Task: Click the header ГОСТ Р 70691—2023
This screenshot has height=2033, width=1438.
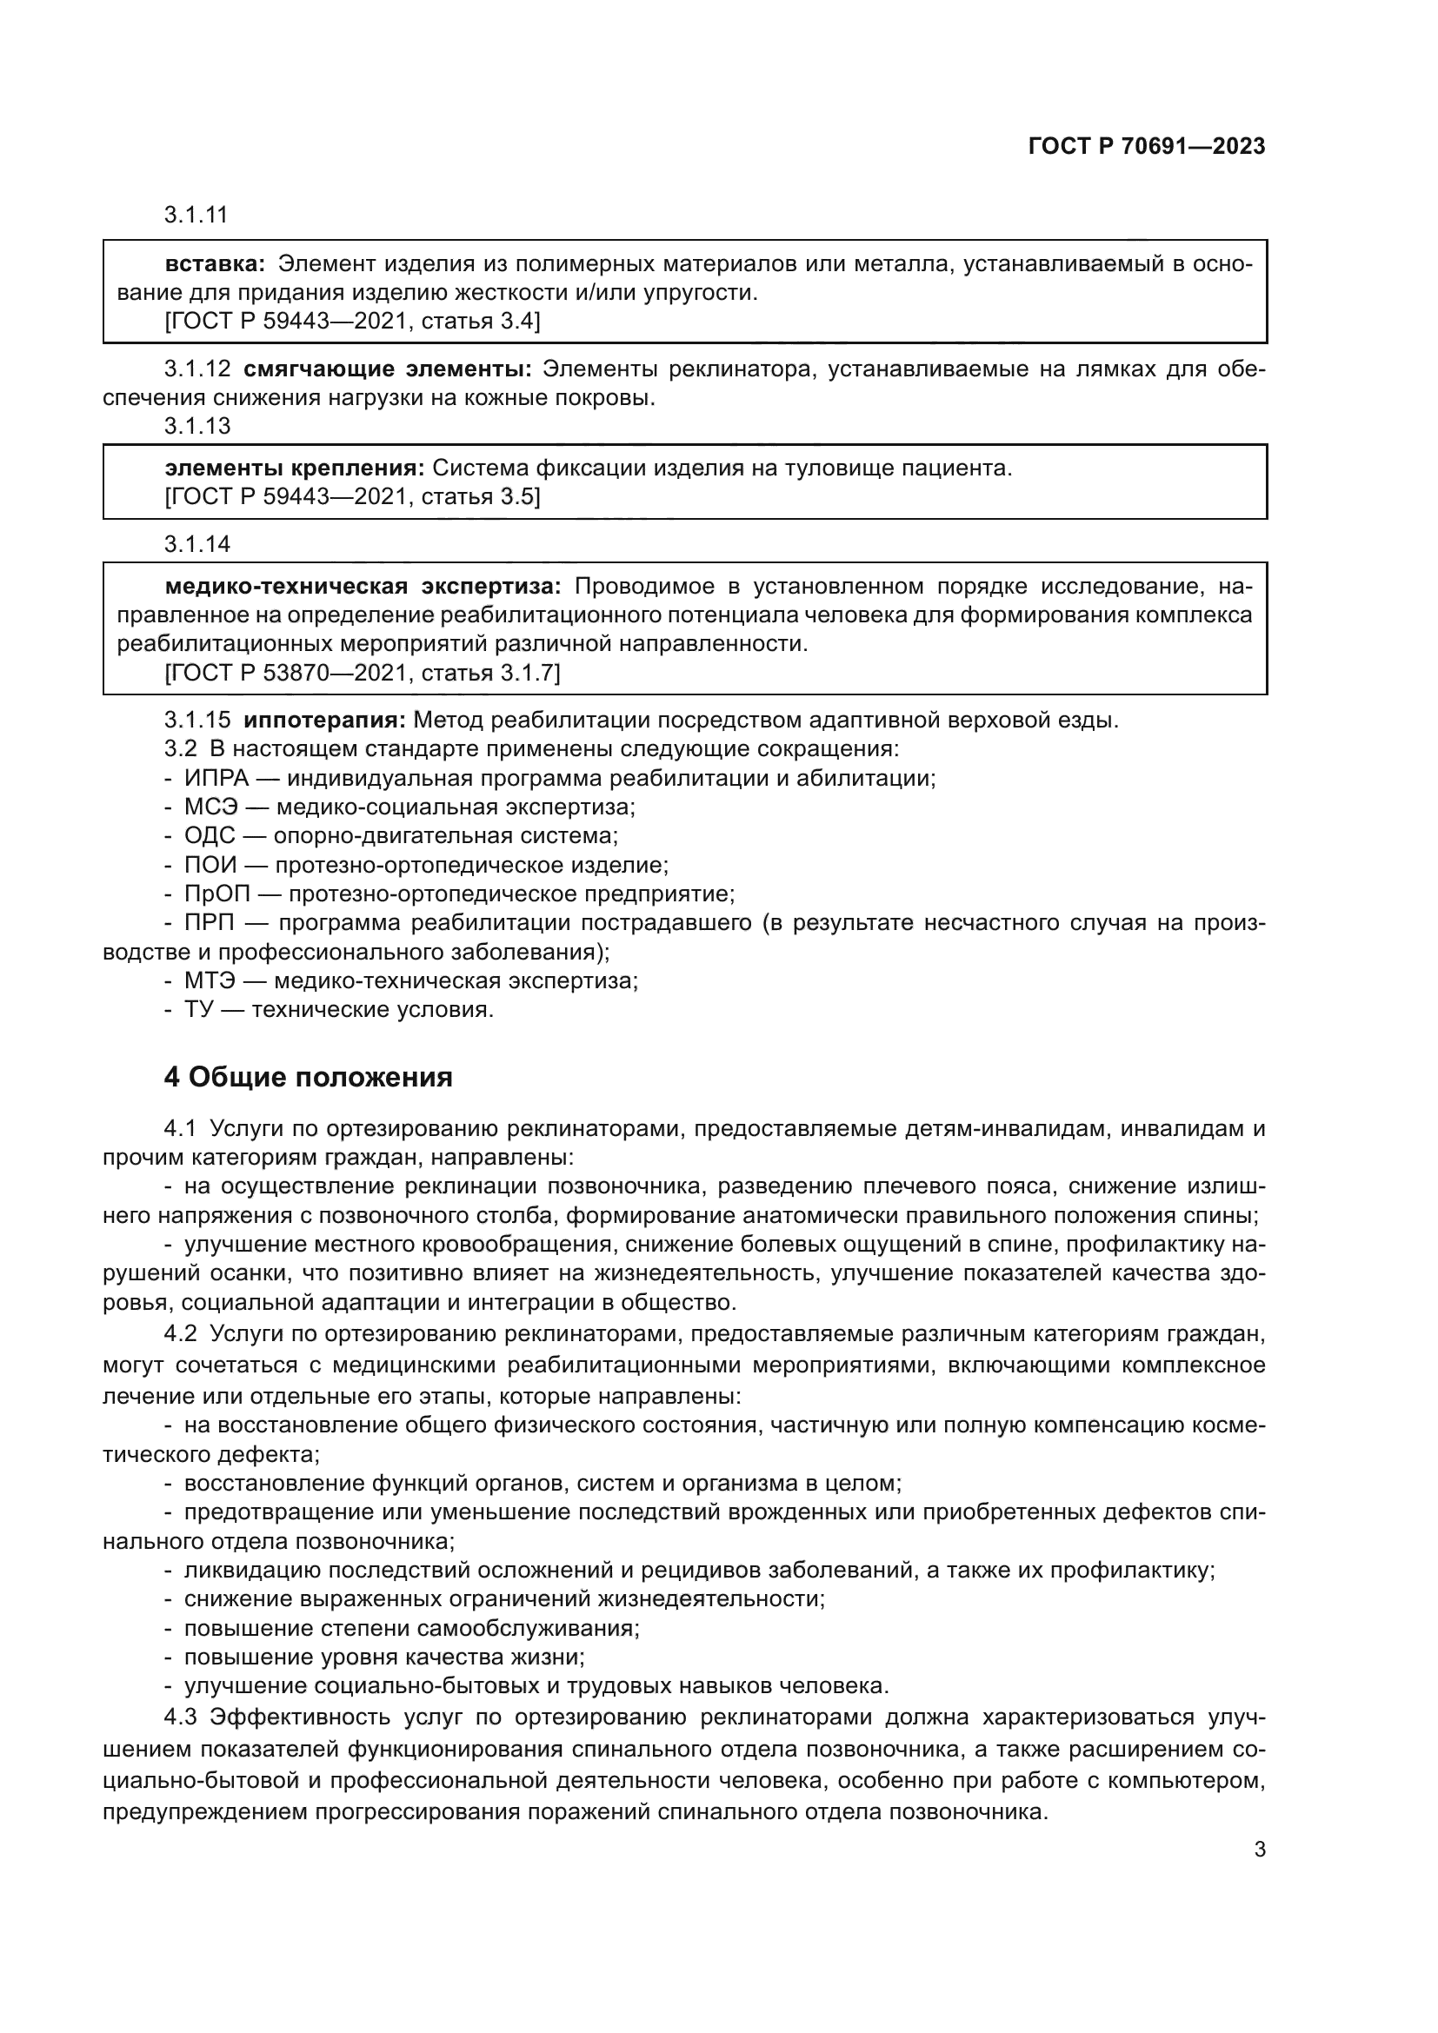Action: coord(1147,147)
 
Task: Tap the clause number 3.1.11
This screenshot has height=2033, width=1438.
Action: coord(196,215)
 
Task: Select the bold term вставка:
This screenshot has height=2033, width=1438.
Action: coord(215,264)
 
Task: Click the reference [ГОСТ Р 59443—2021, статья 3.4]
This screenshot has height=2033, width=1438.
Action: coord(351,321)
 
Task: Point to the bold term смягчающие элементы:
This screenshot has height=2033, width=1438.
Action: coord(387,369)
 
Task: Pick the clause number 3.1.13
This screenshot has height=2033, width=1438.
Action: coord(196,426)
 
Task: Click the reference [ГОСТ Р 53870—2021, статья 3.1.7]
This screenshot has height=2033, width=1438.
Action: coord(363,673)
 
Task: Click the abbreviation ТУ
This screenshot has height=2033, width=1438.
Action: coord(199,1009)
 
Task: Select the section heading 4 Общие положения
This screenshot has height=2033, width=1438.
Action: coord(308,1078)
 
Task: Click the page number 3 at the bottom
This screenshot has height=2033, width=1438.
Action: coord(1259,1850)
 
